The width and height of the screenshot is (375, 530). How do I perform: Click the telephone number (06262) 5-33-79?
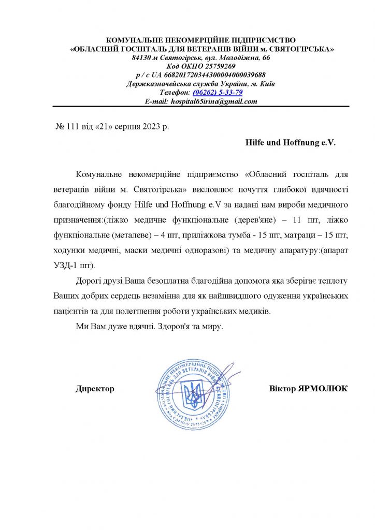[218, 93]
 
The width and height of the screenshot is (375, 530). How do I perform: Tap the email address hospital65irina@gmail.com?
[214, 101]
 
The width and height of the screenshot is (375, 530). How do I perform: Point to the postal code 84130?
[143, 57]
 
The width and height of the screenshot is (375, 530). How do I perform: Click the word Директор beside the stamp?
[95, 388]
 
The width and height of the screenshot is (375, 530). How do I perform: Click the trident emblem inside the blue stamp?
[193, 394]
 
